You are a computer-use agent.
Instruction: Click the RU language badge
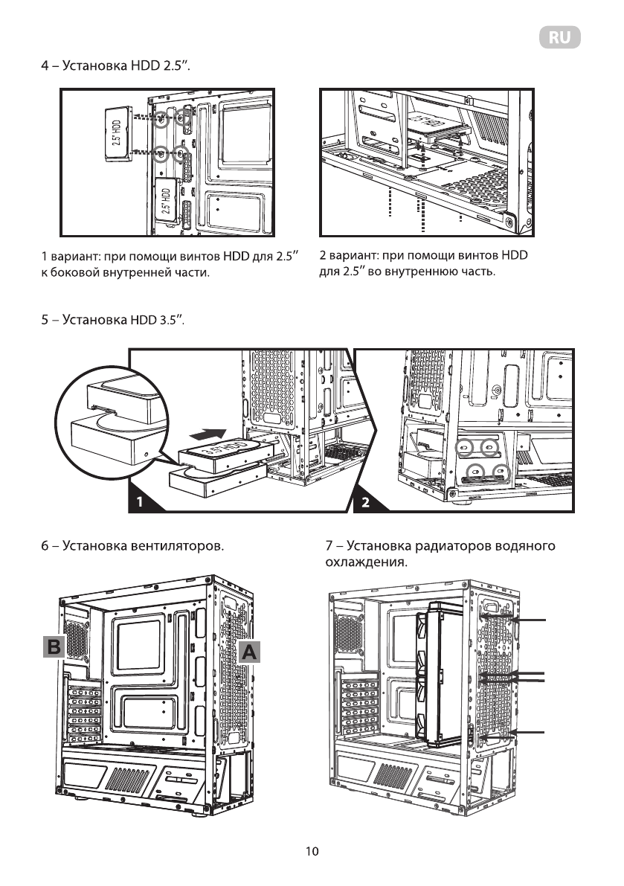click(559, 39)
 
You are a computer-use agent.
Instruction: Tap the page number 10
click(312, 851)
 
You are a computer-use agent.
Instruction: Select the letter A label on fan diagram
click(250, 652)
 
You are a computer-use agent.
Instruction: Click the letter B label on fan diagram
click(54, 646)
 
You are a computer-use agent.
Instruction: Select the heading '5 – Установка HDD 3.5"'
click(112, 321)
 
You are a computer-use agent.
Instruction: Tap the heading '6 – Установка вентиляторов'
click(132, 547)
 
